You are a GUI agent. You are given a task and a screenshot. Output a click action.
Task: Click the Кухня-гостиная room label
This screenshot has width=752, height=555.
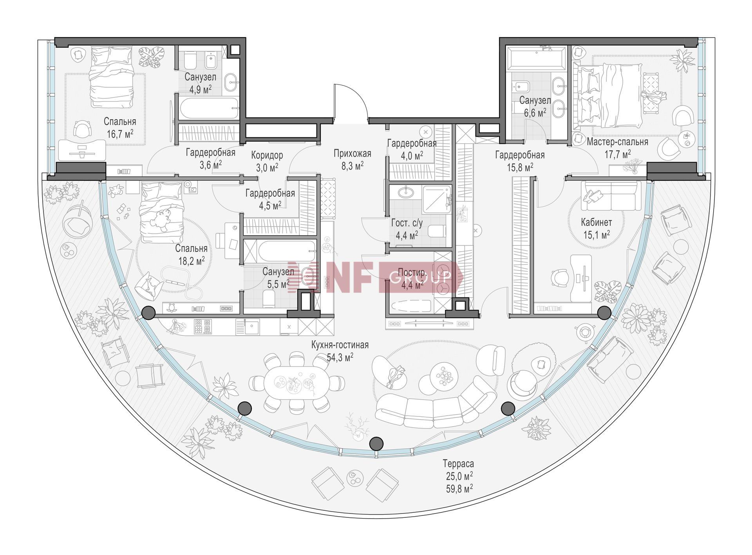340,345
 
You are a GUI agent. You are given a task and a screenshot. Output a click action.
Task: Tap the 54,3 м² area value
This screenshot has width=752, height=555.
340,357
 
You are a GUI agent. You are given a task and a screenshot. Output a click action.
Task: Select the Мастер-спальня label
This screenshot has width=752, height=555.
617,142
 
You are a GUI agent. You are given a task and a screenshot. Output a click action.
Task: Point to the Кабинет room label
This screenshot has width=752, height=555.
596,222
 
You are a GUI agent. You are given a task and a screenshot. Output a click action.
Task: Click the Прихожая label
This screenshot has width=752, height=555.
352,153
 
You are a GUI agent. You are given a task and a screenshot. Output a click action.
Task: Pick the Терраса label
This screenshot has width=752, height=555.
458,464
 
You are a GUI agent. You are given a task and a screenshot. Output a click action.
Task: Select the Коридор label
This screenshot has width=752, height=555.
267,155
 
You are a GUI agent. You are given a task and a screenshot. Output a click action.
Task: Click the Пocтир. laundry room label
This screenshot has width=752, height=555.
412,272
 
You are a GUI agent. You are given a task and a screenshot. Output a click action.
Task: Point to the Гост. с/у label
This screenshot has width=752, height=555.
407,223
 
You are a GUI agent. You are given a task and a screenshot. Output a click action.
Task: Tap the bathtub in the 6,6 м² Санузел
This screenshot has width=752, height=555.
536,58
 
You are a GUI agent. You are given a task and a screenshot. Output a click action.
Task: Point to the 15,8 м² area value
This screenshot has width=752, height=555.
520,167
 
